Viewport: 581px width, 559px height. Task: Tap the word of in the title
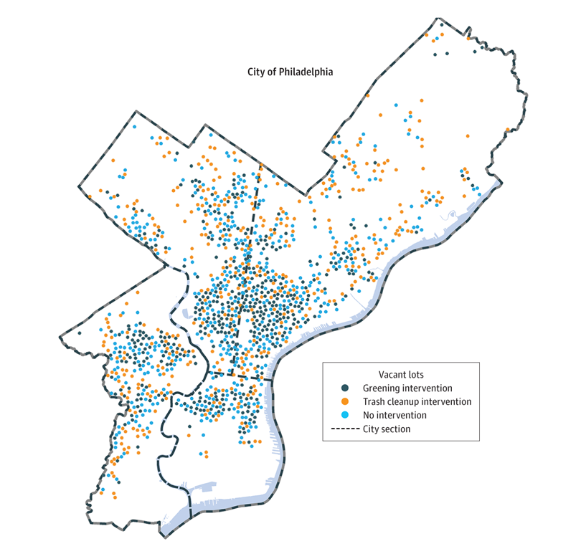(x=271, y=72)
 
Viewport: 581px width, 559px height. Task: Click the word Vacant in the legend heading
(x=392, y=374)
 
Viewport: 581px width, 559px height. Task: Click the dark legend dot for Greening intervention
(x=345, y=388)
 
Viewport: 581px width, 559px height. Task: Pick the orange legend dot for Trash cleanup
(x=345, y=401)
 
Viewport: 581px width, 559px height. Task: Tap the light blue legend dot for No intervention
(x=345, y=415)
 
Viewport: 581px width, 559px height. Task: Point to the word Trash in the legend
(x=374, y=401)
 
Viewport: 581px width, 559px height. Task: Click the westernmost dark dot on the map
(x=80, y=333)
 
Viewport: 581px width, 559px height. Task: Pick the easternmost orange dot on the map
(x=507, y=130)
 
